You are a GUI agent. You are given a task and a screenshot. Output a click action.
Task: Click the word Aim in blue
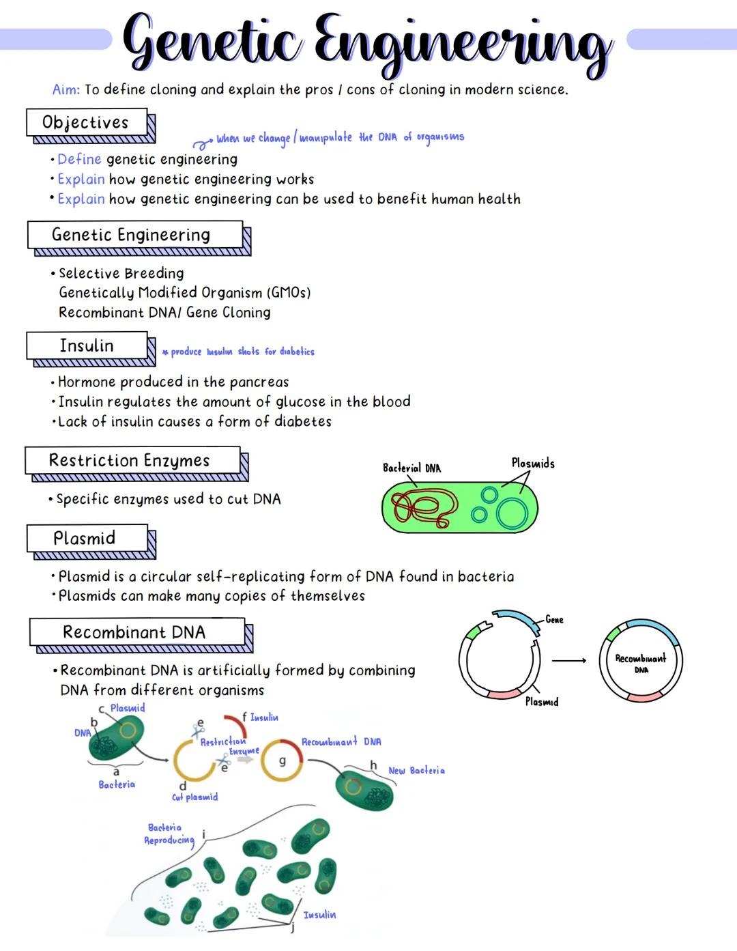click(x=66, y=89)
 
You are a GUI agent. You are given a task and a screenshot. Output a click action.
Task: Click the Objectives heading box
click(x=86, y=122)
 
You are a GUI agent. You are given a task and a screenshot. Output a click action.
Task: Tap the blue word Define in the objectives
click(x=79, y=159)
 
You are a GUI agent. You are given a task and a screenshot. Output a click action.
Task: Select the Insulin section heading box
click(x=87, y=345)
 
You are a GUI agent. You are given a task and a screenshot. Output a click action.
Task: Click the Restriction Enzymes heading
click(x=130, y=460)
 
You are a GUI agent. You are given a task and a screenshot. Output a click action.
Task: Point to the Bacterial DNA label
click(x=411, y=468)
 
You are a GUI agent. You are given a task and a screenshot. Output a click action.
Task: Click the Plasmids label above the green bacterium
click(x=532, y=463)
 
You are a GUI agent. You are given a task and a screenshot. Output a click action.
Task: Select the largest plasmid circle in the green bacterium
click(x=512, y=513)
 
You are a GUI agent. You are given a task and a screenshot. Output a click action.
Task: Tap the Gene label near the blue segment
click(x=554, y=620)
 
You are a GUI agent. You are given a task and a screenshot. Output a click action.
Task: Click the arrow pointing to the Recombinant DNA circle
click(x=569, y=660)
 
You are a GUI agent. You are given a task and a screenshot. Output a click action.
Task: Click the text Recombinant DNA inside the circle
click(x=640, y=662)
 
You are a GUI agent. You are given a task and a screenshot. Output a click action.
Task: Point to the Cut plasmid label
click(x=194, y=797)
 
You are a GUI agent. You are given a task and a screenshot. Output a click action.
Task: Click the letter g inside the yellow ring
click(x=282, y=760)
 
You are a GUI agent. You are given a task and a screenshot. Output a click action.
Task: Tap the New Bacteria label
click(x=416, y=770)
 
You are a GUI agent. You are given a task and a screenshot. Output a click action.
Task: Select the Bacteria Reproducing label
click(x=168, y=834)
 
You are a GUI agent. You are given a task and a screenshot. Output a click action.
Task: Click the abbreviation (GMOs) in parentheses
click(x=288, y=293)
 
